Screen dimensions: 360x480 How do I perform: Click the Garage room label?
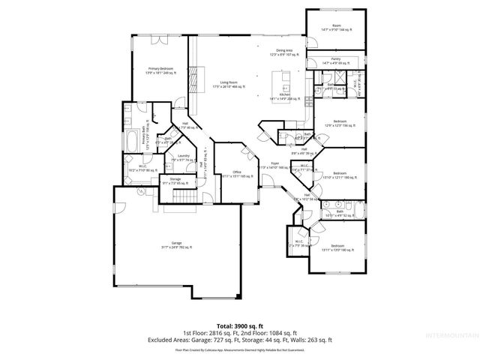pos(177,244)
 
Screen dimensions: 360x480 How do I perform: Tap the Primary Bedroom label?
pos(155,70)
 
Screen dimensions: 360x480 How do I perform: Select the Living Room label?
pos(219,83)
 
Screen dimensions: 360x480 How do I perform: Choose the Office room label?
pos(236,172)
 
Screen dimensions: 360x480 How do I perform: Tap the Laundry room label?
pos(184,157)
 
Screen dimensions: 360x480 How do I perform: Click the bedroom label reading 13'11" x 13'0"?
pos(337,246)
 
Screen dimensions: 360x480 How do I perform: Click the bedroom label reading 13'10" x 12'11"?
pos(339,174)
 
